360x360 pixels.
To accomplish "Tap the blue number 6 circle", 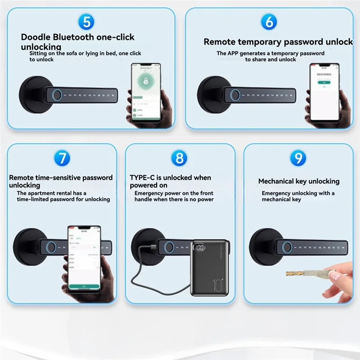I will (269, 22).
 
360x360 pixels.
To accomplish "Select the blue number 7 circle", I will (62, 158).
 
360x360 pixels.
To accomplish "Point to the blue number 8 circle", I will (180, 158).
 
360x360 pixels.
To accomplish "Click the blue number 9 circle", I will (298, 158).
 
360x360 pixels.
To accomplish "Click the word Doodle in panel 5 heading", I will (35, 37).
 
